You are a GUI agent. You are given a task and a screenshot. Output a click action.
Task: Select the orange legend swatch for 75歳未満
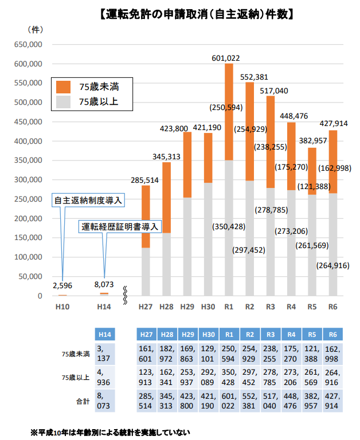63,87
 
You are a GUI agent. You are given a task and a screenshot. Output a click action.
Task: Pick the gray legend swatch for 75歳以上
63,102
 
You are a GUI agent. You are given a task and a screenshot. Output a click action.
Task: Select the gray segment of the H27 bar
146,272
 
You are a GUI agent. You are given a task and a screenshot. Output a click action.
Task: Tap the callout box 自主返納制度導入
89,201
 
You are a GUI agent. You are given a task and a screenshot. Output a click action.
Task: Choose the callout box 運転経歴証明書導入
119,226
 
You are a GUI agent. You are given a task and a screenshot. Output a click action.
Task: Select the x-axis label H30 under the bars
208,307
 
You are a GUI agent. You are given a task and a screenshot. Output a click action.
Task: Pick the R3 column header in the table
270,333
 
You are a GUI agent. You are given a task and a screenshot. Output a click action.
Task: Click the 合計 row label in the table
81,402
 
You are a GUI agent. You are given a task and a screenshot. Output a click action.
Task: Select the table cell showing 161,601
146,353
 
